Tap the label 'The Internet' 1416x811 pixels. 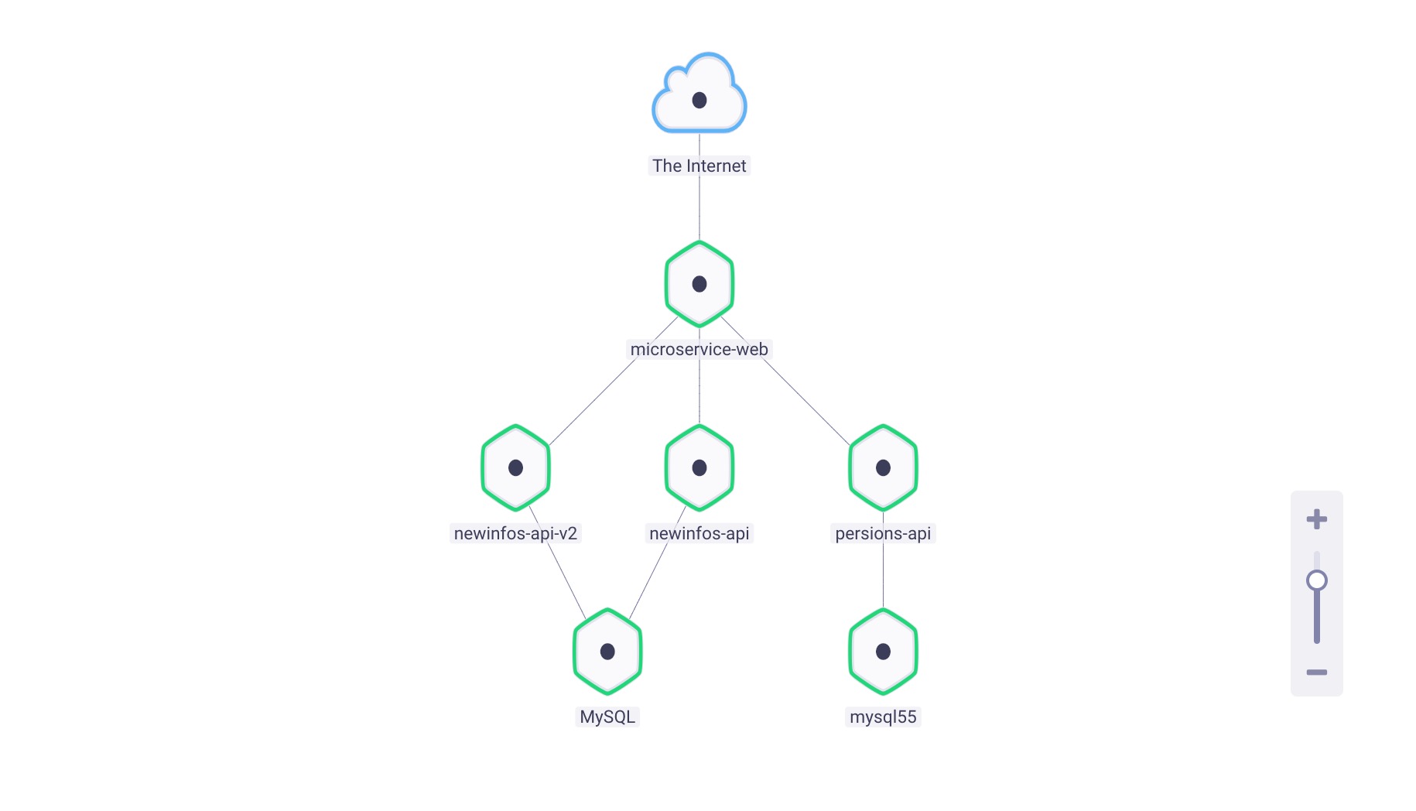pos(699,166)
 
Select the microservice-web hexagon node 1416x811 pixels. pos(699,284)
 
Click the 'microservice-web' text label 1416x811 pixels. pos(699,349)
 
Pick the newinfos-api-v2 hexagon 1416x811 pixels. pos(515,467)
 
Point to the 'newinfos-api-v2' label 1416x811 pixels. pos(515,533)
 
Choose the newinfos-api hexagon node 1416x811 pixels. pos(699,467)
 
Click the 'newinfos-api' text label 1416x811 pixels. pos(699,533)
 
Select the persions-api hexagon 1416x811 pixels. pos(883,467)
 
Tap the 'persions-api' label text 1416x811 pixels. pos(883,533)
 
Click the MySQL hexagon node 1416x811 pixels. pos(607,652)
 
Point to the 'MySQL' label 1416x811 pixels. pos(607,717)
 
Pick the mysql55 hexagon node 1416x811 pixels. pos(883,652)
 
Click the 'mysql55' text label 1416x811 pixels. pos(883,717)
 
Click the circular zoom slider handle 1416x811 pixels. pos(1316,580)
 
